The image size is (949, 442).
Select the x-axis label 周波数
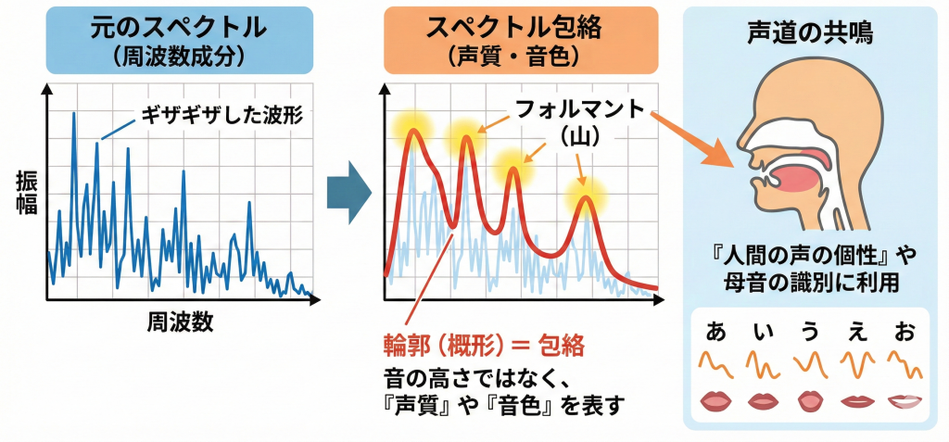(180, 322)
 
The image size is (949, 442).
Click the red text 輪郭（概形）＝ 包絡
(484, 346)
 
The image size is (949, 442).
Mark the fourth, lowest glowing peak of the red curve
(585, 197)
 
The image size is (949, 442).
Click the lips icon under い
(762, 401)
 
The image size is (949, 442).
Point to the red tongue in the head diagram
(797, 179)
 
